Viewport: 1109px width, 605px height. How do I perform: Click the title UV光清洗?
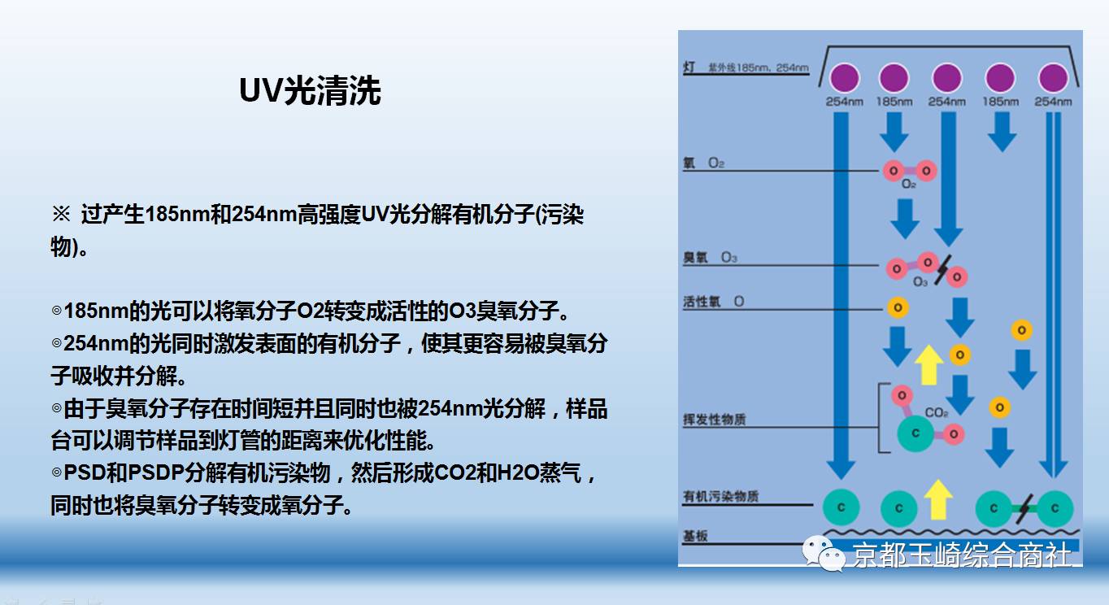coord(310,91)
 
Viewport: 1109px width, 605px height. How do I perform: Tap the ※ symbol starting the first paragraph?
coord(62,215)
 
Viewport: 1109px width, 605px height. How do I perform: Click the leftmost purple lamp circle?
coord(844,78)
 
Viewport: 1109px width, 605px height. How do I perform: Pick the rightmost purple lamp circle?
coord(1054,78)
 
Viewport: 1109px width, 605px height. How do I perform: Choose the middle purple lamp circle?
coord(947,78)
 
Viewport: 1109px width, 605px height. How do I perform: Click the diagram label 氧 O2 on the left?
coord(704,163)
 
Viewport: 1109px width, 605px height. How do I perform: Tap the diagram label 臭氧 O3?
coord(711,258)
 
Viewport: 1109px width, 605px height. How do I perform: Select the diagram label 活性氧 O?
coord(714,302)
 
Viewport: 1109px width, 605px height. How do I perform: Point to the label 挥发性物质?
coord(715,420)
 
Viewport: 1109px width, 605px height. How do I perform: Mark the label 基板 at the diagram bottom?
coord(695,537)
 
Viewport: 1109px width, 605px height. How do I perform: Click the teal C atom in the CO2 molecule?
coord(916,433)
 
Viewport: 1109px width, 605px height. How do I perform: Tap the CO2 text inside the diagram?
coord(937,413)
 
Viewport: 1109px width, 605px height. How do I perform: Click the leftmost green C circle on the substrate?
coord(842,508)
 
